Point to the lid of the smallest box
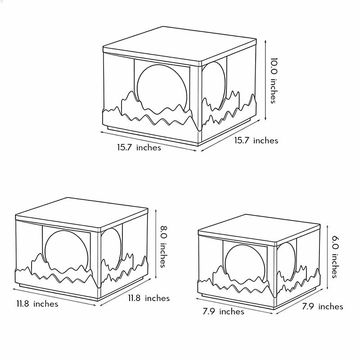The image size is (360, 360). (259, 225)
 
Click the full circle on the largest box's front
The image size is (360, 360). (161, 87)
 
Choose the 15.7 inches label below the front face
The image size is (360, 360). (139, 147)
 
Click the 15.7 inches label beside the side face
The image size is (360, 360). (256, 140)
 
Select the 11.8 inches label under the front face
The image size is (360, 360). (37, 304)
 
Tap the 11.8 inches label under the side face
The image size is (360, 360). (148, 298)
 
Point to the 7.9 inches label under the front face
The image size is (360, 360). (223, 311)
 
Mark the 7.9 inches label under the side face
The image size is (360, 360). (322, 306)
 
